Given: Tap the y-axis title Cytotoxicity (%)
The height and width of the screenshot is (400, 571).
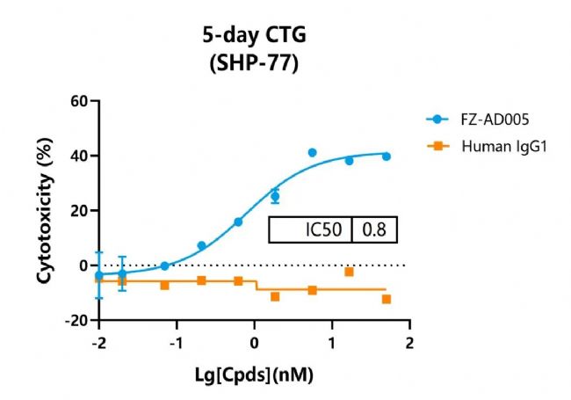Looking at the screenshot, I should click(45, 211).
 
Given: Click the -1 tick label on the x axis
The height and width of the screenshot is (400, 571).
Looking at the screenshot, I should click(175, 342).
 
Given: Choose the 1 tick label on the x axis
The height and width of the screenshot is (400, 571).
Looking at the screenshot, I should click(332, 342).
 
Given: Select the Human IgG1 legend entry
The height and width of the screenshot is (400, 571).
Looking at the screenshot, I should click(495, 146).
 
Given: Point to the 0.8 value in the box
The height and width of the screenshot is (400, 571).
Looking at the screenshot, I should click(373, 230).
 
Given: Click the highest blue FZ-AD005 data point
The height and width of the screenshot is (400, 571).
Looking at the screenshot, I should click(312, 153).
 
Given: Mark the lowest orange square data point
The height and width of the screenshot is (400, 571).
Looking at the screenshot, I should click(387, 299).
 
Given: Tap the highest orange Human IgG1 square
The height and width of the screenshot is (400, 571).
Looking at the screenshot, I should click(350, 272).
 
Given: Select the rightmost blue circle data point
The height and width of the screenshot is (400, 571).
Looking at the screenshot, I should click(387, 156).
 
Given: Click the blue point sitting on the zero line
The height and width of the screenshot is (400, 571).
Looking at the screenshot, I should click(164, 265).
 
